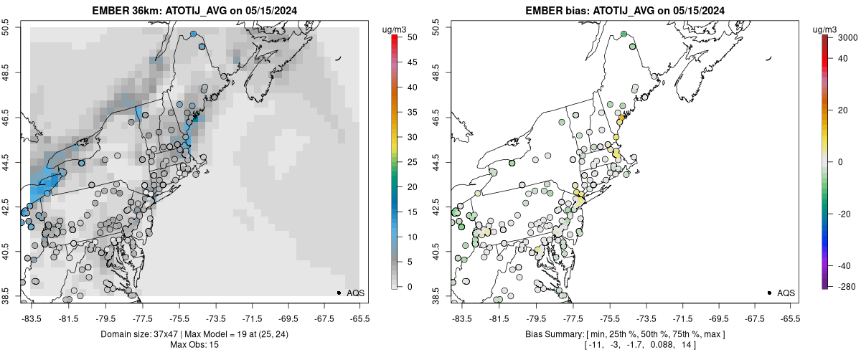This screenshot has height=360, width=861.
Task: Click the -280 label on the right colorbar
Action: [844, 287]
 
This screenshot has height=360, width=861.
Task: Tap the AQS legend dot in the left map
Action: [339, 293]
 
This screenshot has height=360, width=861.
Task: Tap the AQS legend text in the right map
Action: [786, 293]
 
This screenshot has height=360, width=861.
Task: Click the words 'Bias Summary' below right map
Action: [552, 334]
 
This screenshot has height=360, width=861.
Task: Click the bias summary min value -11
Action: [574, 345]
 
